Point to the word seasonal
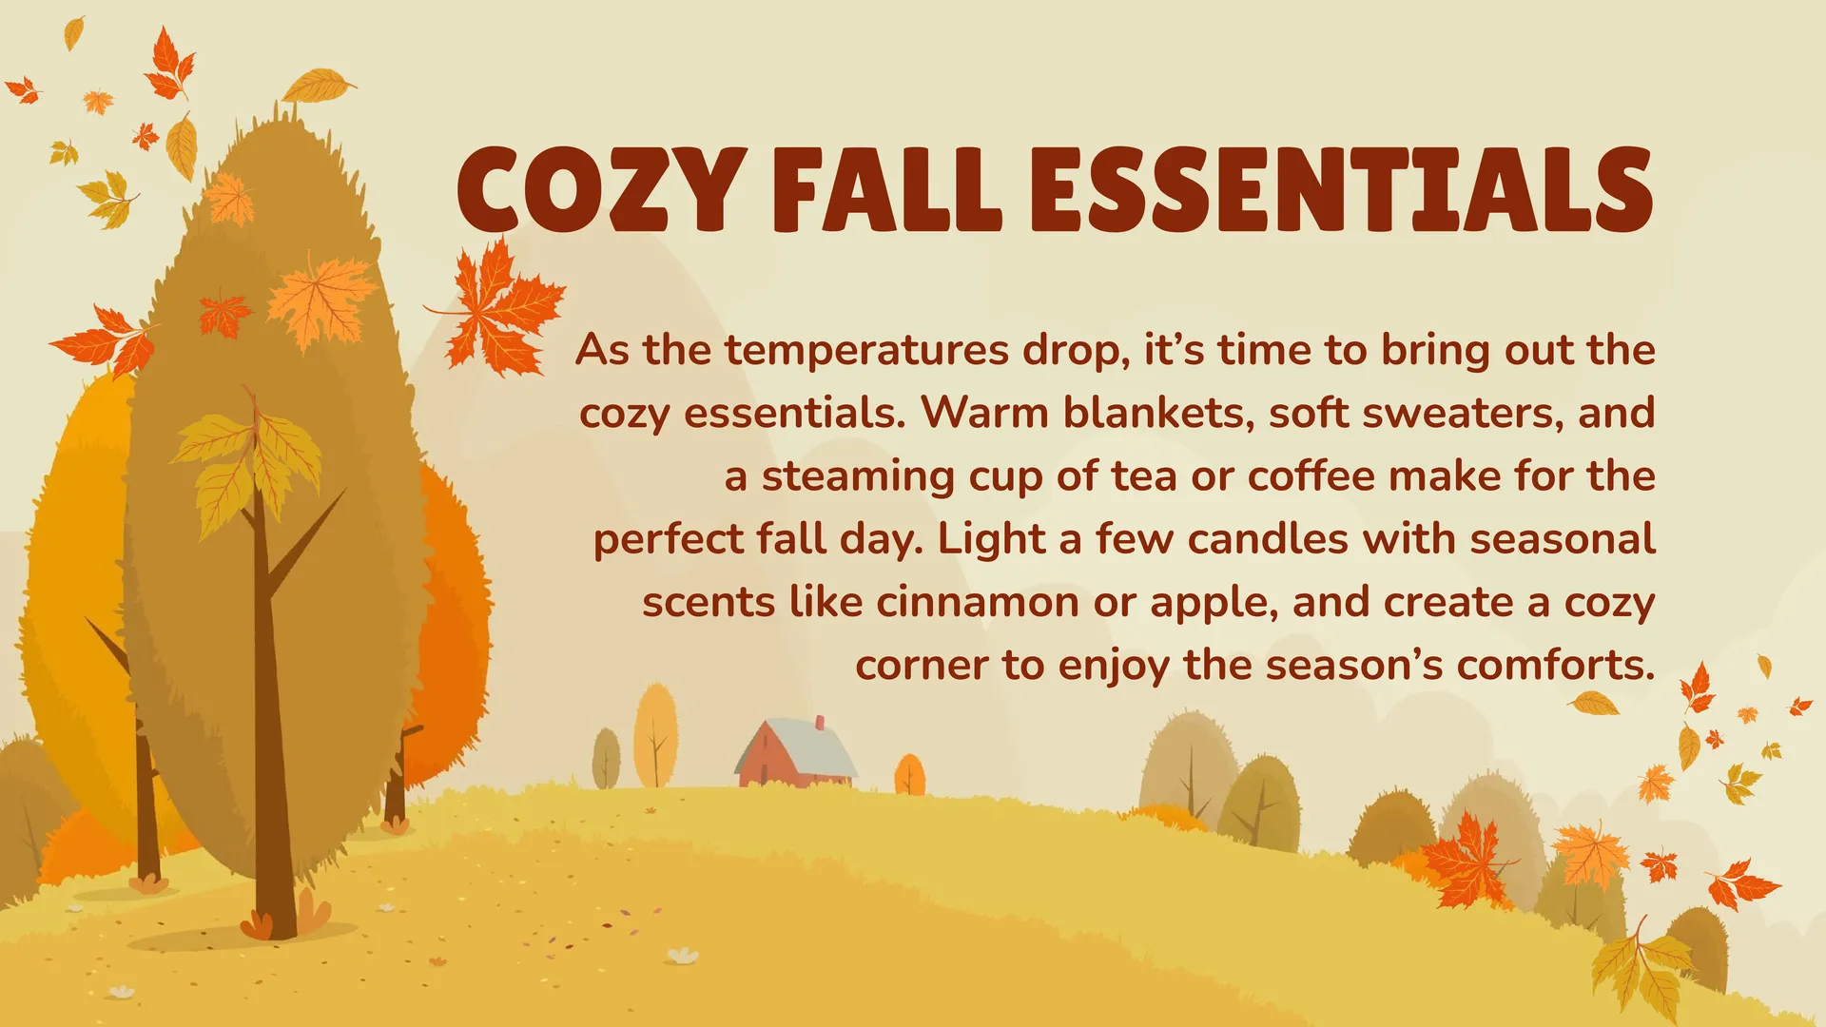1563,539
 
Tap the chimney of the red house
820,724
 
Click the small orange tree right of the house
910,774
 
